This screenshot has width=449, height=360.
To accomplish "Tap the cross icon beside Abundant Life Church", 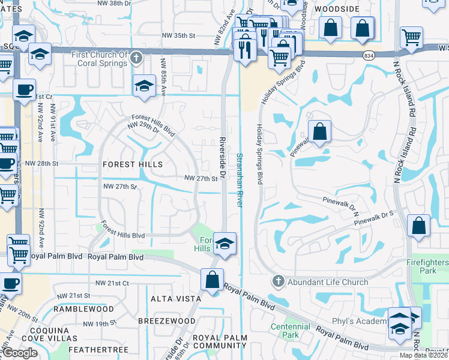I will [278, 281].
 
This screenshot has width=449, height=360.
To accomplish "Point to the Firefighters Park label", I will [426, 267].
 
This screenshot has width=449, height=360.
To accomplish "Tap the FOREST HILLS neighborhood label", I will [133, 164].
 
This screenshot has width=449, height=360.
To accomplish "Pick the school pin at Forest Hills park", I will [224, 244].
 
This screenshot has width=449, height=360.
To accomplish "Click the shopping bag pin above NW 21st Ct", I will [212, 280].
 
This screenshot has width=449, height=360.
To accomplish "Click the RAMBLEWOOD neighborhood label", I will [83, 309].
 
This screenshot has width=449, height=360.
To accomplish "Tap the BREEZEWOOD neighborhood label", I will [167, 321].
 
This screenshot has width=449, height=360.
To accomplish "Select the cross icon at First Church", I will [136, 58].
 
